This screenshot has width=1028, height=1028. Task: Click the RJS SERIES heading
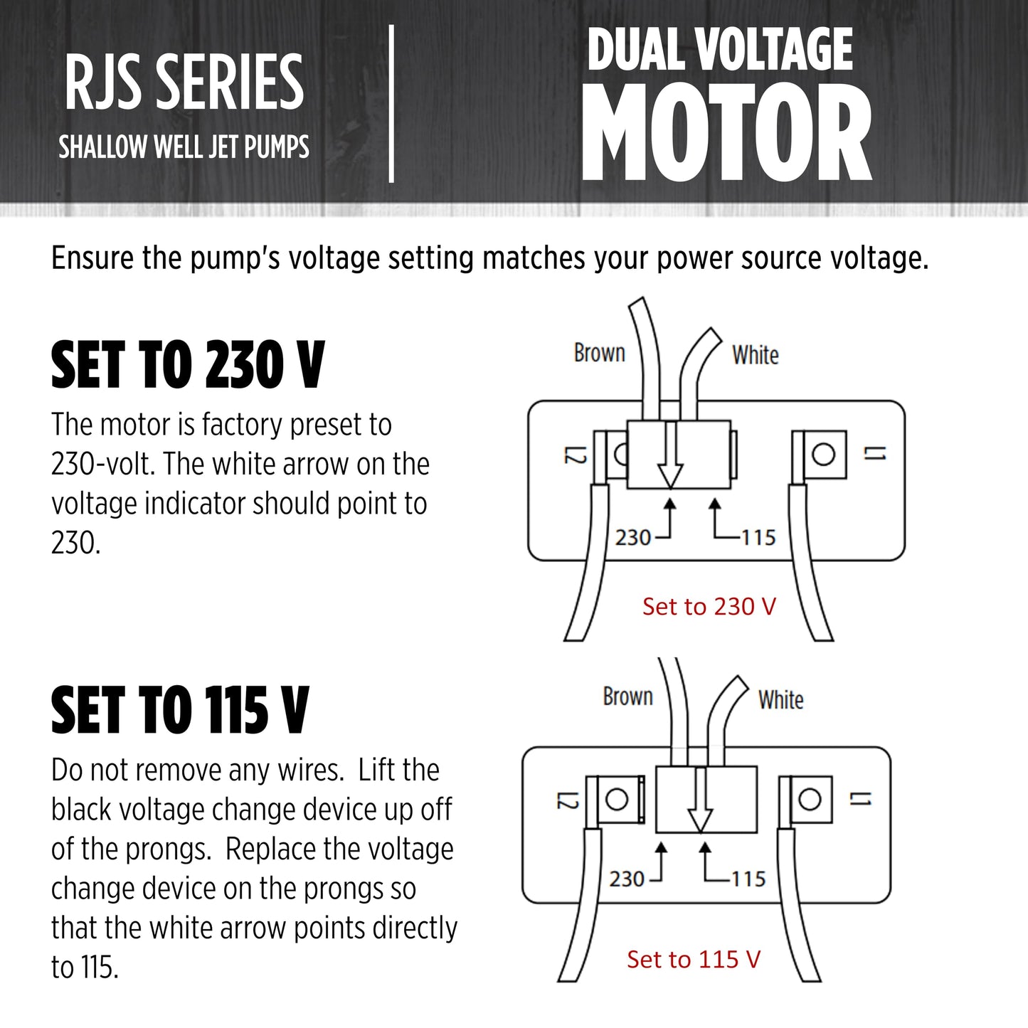[x=184, y=83]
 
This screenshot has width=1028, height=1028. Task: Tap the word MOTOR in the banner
[x=726, y=133]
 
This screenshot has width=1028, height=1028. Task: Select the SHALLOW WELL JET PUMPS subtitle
[x=184, y=147]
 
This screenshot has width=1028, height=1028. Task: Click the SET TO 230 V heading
[x=188, y=365]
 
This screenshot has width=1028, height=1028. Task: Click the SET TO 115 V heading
[x=180, y=711]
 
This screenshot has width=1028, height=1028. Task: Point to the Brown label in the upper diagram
[x=599, y=353]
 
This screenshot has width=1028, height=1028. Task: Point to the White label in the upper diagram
[x=756, y=355]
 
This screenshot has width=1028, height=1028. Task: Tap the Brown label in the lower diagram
[x=627, y=696]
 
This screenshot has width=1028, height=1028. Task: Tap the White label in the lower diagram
[x=781, y=700]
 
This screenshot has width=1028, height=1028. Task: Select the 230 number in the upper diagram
[x=633, y=537]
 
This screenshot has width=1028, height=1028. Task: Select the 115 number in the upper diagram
[x=758, y=537]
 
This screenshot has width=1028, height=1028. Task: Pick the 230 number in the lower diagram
[x=627, y=879]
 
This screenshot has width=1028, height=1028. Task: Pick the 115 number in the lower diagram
[x=748, y=879]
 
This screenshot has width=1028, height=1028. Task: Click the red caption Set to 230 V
[x=709, y=607]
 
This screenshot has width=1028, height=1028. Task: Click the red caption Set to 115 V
[x=694, y=960]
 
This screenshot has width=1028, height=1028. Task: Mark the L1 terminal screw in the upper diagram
[x=823, y=454]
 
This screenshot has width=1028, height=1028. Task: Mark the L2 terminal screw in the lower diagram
[x=617, y=799]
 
